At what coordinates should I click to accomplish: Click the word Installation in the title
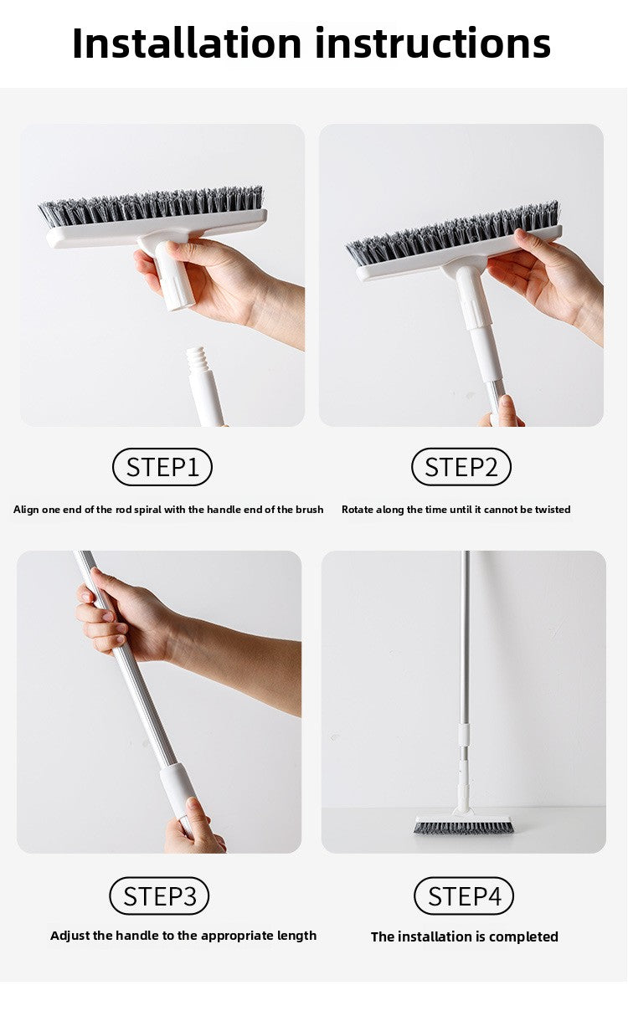tap(187, 43)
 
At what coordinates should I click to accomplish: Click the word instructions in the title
tap(433, 43)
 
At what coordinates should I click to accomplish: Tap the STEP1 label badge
tap(162, 467)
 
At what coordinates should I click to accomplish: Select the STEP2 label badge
tap(461, 467)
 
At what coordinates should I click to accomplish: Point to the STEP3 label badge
tap(159, 896)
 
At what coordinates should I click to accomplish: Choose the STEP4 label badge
tap(464, 896)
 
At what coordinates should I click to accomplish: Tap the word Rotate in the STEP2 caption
tap(358, 510)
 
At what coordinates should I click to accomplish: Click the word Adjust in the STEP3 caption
tap(69, 936)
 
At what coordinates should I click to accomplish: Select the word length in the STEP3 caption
tap(296, 936)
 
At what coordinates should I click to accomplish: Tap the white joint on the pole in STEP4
tap(463, 741)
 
